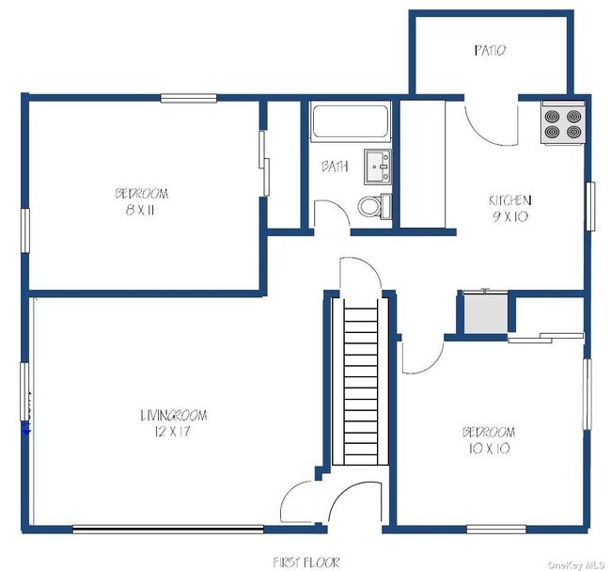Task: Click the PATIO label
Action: point(490,50)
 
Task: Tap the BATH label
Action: point(335,167)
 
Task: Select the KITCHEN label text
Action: point(510,200)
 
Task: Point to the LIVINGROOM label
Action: point(174,415)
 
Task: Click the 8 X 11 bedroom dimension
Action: point(140,211)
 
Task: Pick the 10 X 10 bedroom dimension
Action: point(490,449)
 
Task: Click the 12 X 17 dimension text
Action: point(172,432)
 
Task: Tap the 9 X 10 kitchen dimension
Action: point(510,216)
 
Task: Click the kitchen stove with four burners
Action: point(563,123)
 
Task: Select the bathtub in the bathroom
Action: point(351,121)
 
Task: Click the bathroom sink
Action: point(378,167)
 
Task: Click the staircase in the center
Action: point(360,381)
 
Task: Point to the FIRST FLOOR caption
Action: point(306,562)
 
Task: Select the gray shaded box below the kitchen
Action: point(486,313)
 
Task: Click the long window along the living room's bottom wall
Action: point(168,530)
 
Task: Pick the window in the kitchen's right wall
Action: point(590,206)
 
